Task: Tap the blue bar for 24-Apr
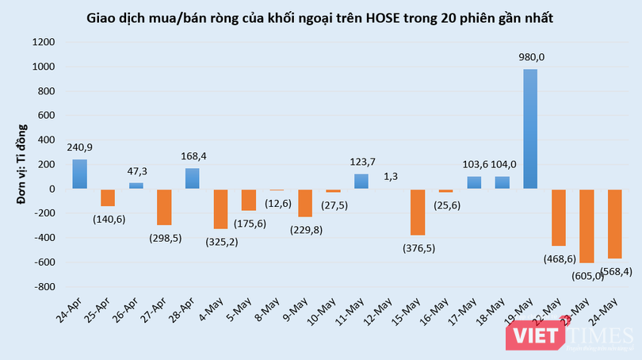coord(80,174)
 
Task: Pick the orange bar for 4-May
coord(221,209)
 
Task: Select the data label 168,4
coord(193,156)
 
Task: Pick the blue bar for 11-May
coord(362,181)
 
